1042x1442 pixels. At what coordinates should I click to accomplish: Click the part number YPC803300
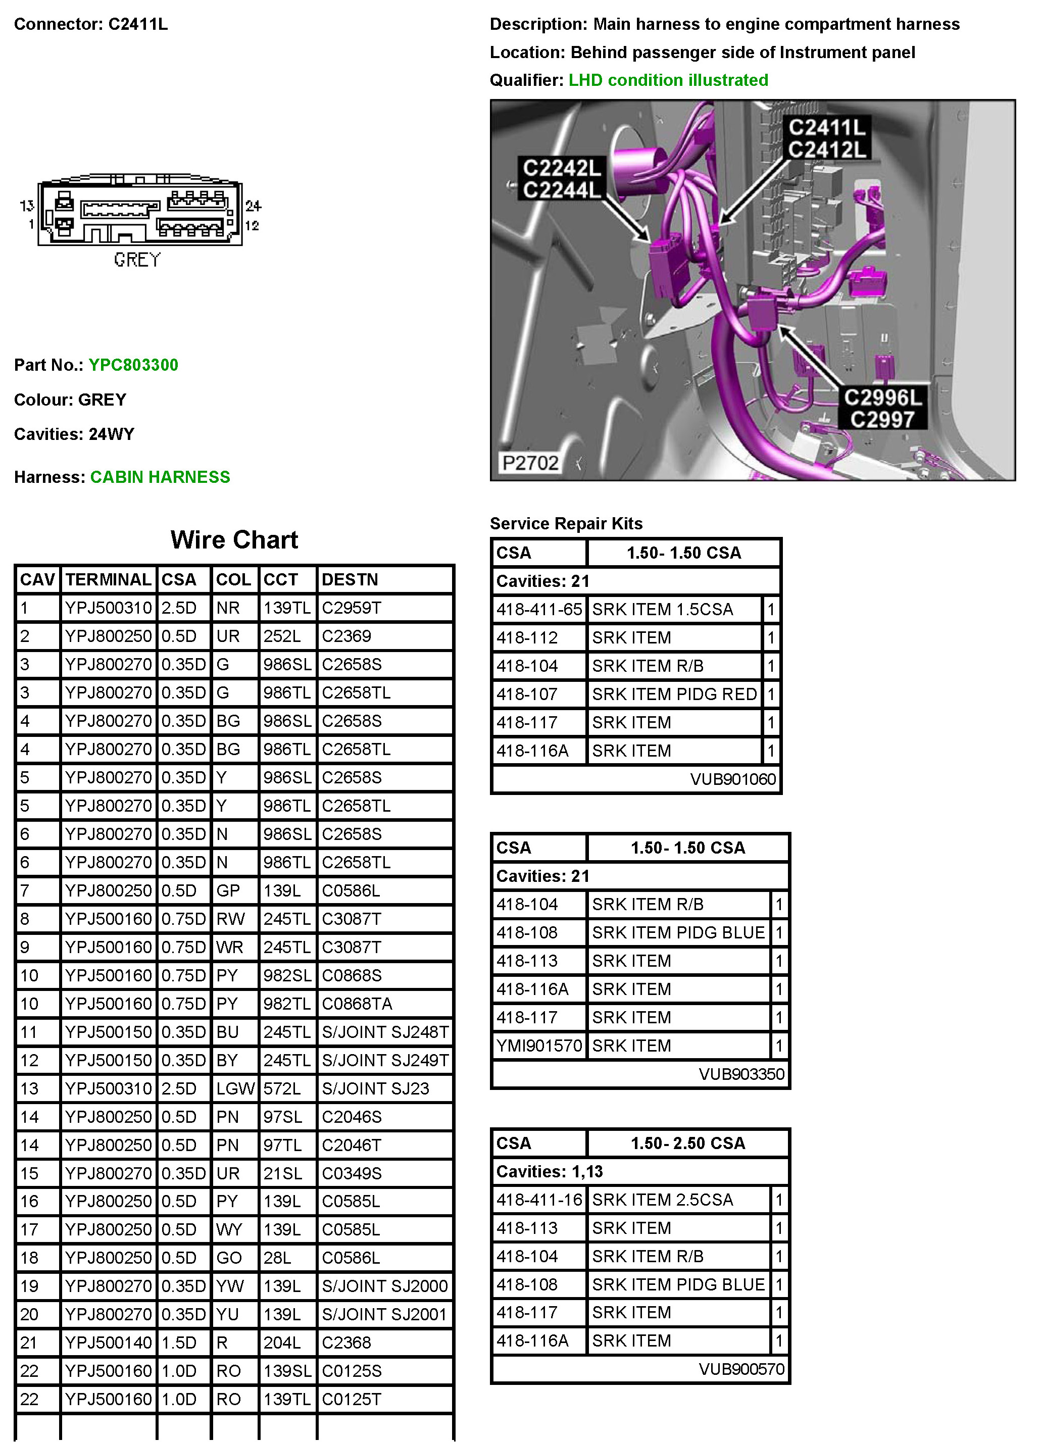[x=133, y=365]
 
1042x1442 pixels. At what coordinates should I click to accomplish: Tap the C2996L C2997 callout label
[x=882, y=408]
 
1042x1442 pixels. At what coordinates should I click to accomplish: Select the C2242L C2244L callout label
[x=561, y=179]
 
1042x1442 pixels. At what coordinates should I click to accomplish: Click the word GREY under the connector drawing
[x=137, y=260]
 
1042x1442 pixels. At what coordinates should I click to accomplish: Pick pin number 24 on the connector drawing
[x=253, y=206]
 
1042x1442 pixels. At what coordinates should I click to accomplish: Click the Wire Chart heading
[x=234, y=540]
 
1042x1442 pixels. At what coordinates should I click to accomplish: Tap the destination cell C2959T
[x=351, y=608]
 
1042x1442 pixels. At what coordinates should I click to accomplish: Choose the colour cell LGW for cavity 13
[x=234, y=1088]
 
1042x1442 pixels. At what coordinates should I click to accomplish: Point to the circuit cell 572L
[x=282, y=1088]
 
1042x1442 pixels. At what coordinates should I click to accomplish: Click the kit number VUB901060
[x=732, y=779]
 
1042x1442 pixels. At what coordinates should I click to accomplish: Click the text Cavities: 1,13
[x=550, y=1171]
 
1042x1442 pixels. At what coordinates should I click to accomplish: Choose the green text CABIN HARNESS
[x=160, y=477]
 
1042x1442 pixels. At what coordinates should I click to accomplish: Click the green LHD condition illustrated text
[x=668, y=80]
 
